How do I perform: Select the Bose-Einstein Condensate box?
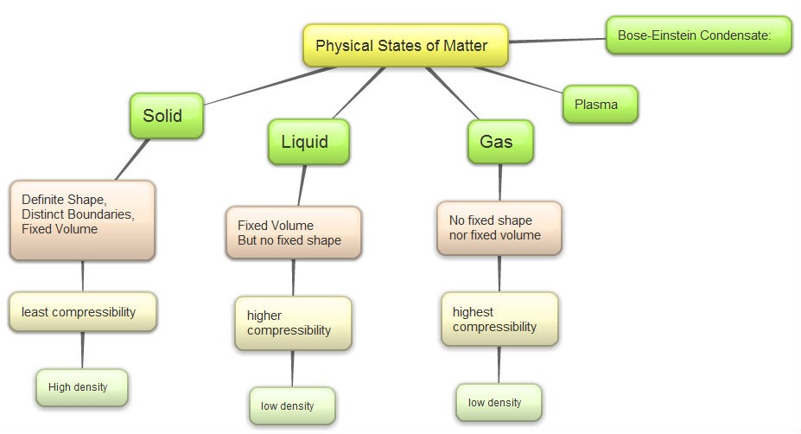tap(698, 35)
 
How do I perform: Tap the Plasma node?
tap(601, 105)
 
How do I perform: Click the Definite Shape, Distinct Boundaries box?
tap(83, 220)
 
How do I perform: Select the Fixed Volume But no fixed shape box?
tap(293, 233)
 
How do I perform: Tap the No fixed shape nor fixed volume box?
tap(499, 227)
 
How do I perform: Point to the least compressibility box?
tap(83, 312)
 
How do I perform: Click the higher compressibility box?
tap(293, 322)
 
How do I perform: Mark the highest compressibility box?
tap(499, 319)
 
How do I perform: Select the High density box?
tap(82, 387)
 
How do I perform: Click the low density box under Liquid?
tap(291, 405)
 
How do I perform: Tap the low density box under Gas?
tap(499, 402)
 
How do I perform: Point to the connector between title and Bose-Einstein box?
tap(557, 39)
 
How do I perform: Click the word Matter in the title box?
tap(463, 46)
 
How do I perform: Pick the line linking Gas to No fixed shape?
tap(500, 182)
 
